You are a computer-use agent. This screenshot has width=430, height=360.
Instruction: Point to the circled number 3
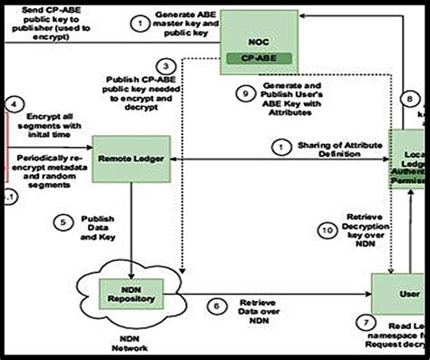(x=164, y=66)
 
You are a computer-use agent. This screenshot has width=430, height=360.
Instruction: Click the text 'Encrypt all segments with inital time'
(x=54, y=122)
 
